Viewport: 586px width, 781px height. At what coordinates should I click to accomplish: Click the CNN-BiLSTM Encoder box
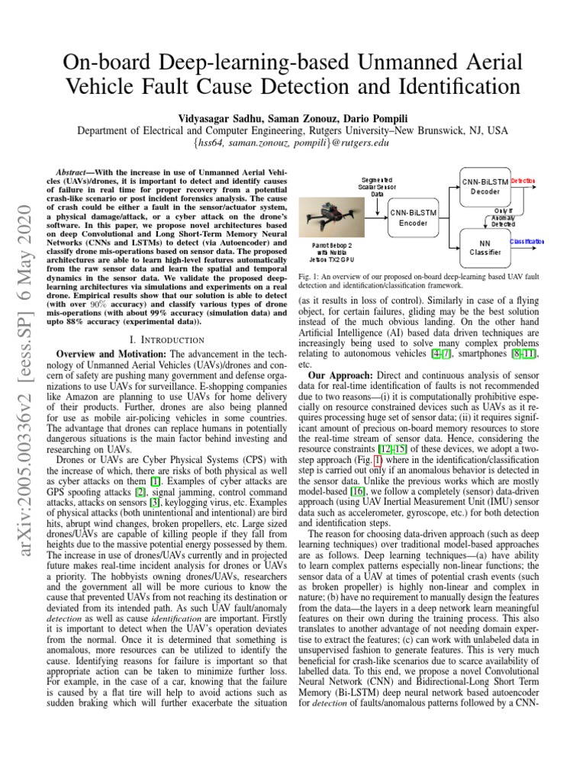413,217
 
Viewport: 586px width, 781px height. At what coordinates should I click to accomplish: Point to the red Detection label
523,181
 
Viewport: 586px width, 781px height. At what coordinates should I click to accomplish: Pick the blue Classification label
526,242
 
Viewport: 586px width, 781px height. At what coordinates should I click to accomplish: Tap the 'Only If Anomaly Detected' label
504,217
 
